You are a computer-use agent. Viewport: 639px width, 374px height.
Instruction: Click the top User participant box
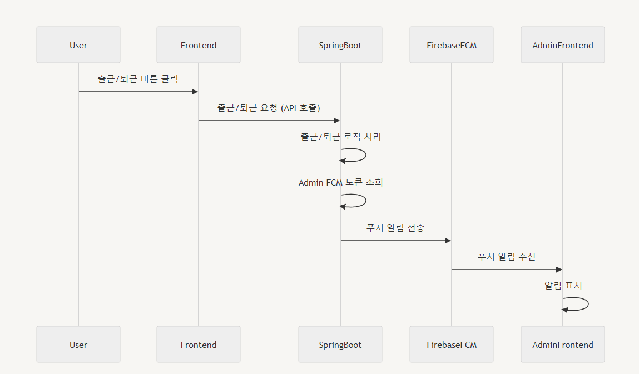click(x=78, y=45)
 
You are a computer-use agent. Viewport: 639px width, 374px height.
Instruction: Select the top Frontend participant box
click(x=199, y=45)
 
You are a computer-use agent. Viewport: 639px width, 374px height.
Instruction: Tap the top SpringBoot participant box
click(x=340, y=45)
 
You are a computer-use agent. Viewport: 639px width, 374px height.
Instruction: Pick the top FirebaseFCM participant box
click(x=452, y=45)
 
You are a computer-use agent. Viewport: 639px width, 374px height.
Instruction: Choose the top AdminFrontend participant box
click(x=563, y=45)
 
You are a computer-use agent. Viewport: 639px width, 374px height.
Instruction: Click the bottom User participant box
click(x=78, y=345)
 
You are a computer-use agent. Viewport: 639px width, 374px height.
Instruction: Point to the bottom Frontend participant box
click(x=199, y=345)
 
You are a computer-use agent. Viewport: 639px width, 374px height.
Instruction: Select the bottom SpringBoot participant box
click(x=340, y=345)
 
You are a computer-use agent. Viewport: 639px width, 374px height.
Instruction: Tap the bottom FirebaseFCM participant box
click(x=452, y=345)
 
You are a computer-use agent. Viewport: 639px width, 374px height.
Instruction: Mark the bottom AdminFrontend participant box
click(x=563, y=345)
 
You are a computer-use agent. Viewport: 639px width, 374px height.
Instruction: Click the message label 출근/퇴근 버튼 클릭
click(x=138, y=79)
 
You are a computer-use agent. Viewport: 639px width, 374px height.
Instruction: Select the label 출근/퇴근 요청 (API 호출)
click(x=269, y=108)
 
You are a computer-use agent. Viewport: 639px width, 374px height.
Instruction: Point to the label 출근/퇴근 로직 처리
click(x=340, y=137)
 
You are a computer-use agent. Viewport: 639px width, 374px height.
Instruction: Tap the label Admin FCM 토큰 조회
click(x=340, y=182)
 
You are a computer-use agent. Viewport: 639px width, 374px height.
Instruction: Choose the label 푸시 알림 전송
click(x=395, y=228)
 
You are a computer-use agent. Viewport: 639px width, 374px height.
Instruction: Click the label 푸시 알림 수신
click(x=507, y=257)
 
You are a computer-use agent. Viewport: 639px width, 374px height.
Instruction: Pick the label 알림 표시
click(x=563, y=286)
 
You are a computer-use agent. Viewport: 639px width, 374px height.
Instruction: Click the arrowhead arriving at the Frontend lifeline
click(x=195, y=92)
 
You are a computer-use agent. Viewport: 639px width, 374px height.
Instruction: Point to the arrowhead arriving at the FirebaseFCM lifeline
click(x=448, y=241)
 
